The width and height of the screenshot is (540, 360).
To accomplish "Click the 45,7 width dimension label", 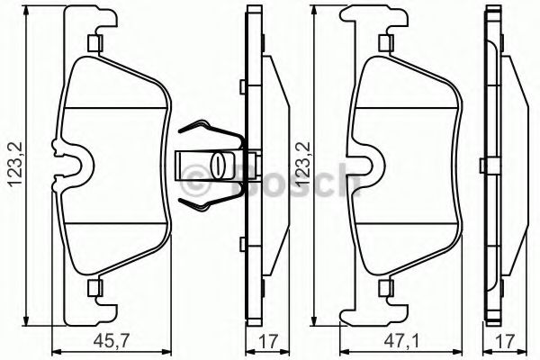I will [112, 342].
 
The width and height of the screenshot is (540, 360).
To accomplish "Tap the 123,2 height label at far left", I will [13, 166].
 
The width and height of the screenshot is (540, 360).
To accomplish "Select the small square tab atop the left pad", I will [94, 45].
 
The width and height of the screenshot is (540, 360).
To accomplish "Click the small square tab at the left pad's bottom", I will [94, 288].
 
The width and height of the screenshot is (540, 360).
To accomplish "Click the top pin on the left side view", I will [243, 87].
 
